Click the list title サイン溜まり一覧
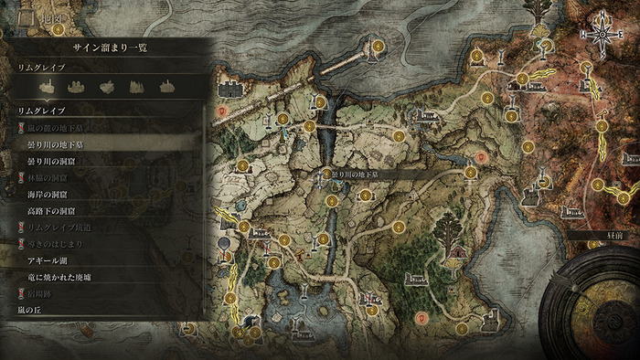pos(109,48)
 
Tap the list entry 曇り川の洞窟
pos(54,161)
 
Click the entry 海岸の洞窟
pos(50,195)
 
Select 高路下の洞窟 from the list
pos(54,211)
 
